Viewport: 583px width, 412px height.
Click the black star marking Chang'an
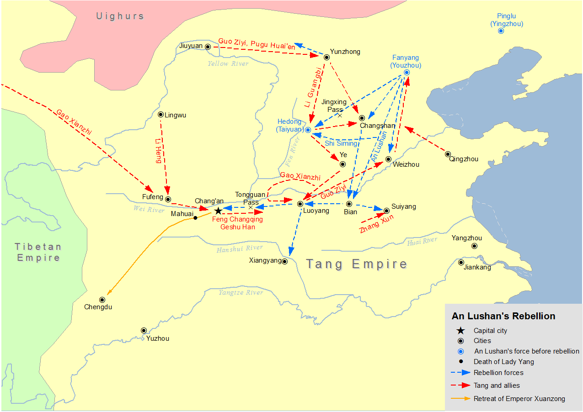[x=218, y=211]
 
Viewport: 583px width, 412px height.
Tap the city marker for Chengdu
[x=102, y=300]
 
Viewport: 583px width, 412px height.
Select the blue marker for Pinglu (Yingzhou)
[x=501, y=31]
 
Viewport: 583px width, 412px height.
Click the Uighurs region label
[x=120, y=16]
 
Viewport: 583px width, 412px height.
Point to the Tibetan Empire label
[x=38, y=252]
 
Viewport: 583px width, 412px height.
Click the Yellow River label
[x=228, y=63]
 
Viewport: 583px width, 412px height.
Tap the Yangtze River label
[x=241, y=292]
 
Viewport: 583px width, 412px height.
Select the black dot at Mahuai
[x=195, y=218]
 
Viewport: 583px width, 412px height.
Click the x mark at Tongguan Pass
[x=250, y=207]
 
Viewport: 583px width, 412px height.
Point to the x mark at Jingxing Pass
[x=340, y=116]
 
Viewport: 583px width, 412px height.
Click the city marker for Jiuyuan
[x=208, y=47]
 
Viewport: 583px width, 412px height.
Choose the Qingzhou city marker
[x=448, y=154]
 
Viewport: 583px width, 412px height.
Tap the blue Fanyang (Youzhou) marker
[x=406, y=72]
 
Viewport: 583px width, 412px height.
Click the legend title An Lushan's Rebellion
[x=503, y=316]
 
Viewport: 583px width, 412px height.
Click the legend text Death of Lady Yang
[x=503, y=362]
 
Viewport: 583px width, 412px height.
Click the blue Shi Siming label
[x=341, y=143]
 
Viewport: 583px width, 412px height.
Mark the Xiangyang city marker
[x=284, y=261]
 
